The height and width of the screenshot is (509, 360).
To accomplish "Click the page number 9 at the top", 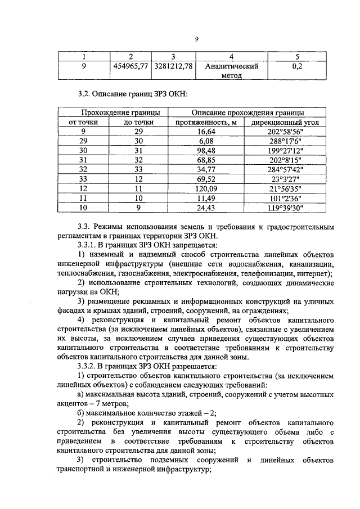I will point(197,38).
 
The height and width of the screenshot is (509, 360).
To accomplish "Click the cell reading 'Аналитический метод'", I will point(231,71).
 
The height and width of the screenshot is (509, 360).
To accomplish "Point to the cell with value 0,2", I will point(296,66).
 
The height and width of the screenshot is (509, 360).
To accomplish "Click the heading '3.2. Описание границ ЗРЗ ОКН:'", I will point(132,92).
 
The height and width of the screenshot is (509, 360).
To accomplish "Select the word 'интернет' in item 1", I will point(314,273).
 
